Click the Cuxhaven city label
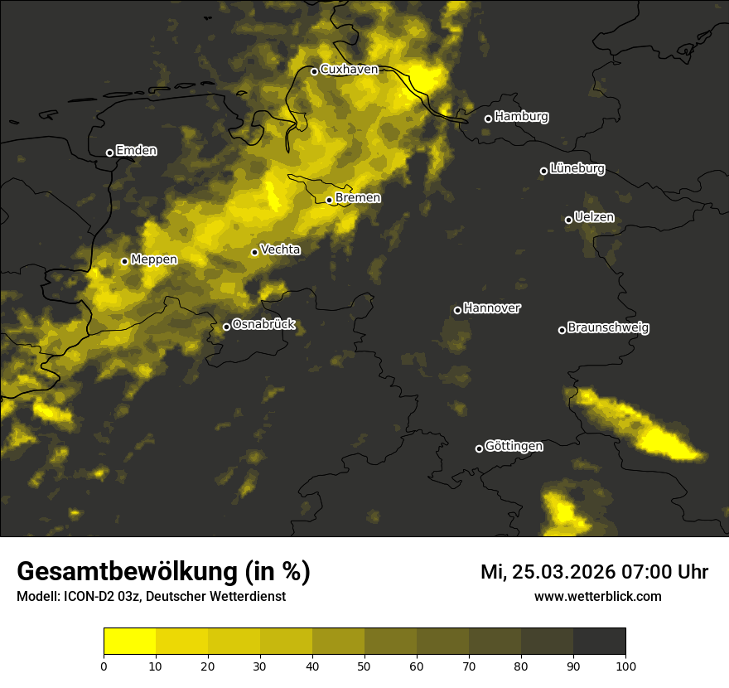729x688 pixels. pyautogui.click(x=349, y=70)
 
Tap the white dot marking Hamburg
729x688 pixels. pyautogui.click(x=488, y=119)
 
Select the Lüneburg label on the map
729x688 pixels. pyautogui.click(x=577, y=169)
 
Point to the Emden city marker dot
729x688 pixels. pyautogui.click(x=109, y=153)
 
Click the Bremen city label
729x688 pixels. pyautogui.click(x=358, y=198)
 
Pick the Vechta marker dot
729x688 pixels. pyautogui.click(x=254, y=252)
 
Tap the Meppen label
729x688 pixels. pyautogui.click(x=154, y=259)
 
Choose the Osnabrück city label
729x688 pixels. pyautogui.click(x=263, y=325)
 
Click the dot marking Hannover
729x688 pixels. pyautogui.click(x=457, y=311)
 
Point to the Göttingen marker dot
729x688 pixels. pyautogui.click(x=479, y=448)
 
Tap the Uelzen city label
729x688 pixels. pyautogui.click(x=594, y=218)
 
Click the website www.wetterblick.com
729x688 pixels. pyautogui.click(x=597, y=596)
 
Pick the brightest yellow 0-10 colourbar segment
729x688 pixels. pyautogui.click(x=130, y=642)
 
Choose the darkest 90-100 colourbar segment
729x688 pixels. pyautogui.click(x=599, y=642)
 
